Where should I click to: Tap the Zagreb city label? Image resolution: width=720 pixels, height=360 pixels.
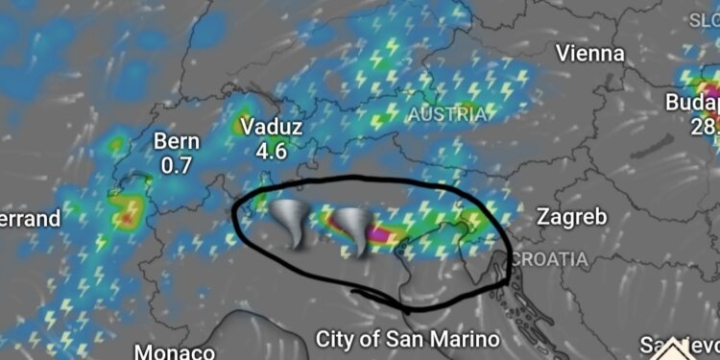point(571,217)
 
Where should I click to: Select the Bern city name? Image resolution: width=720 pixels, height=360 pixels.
point(177,142)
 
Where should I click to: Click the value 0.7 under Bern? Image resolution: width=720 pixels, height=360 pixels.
point(177,165)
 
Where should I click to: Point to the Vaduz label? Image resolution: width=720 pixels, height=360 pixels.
point(272,127)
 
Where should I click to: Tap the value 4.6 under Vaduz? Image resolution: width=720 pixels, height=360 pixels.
point(272,150)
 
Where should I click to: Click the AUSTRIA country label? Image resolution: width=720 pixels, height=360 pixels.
point(448,114)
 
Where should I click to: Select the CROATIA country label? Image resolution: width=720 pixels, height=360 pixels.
point(548,259)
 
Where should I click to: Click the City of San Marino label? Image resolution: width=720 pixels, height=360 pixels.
point(408,339)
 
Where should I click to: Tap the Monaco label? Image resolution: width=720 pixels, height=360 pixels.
point(174,351)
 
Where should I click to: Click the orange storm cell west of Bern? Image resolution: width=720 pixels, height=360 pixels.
point(126,217)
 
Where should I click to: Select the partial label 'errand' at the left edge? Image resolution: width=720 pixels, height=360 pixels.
point(29,219)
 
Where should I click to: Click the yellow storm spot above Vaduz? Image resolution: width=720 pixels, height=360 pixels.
point(240,125)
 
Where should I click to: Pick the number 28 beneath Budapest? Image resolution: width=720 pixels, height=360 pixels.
point(703,126)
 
